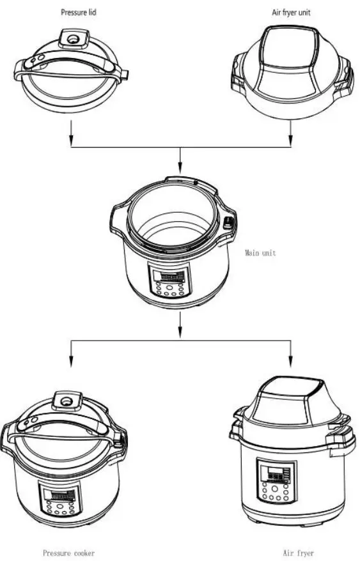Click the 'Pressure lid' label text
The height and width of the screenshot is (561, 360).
click(x=79, y=12)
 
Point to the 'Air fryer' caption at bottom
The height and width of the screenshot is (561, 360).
click(x=299, y=553)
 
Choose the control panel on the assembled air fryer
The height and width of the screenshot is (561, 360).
click(x=276, y=479)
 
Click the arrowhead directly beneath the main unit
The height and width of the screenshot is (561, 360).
click(x=180, y=334)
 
